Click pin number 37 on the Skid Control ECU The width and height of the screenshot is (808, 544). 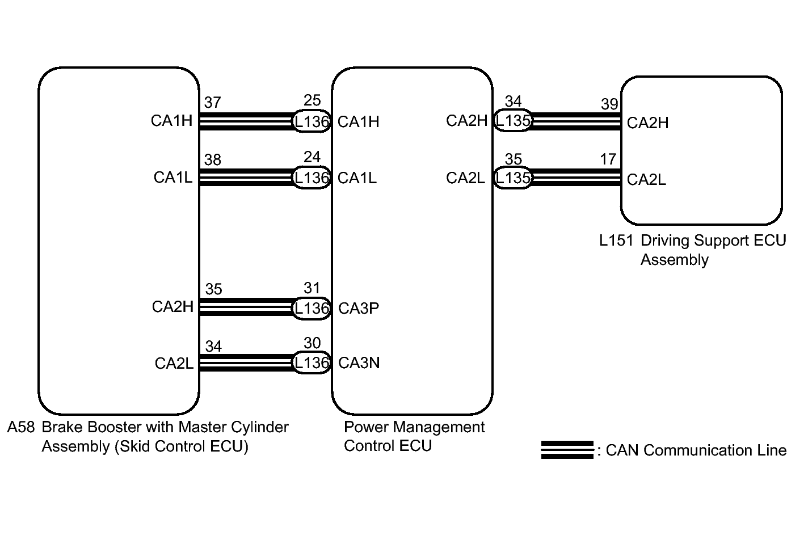(212, 103)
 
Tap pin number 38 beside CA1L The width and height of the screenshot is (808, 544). (212, 159)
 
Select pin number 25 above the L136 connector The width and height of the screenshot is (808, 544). (312, 100)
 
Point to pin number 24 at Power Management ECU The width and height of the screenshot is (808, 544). (312, 157)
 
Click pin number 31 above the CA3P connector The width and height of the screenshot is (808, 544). (312, 288)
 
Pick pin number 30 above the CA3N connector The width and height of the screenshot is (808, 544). (312, 343)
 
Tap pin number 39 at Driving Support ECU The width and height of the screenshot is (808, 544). (609, 104)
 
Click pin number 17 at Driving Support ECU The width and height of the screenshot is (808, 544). (608, 159)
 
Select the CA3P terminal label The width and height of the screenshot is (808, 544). (359, 308)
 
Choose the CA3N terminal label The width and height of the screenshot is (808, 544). (359, 362)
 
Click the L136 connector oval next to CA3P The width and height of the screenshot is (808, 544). (312, 309)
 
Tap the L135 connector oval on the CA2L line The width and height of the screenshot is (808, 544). (513, 178)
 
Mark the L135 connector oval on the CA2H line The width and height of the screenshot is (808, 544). (513, 120)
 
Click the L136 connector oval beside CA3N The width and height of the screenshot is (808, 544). (312, 362)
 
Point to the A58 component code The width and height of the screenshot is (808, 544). (21, 427)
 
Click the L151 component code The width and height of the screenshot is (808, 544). (616, 241)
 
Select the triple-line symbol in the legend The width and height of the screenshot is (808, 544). (567, 450)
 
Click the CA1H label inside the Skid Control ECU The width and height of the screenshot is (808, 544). (172, 120)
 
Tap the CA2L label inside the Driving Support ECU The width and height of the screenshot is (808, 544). (646, 180)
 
